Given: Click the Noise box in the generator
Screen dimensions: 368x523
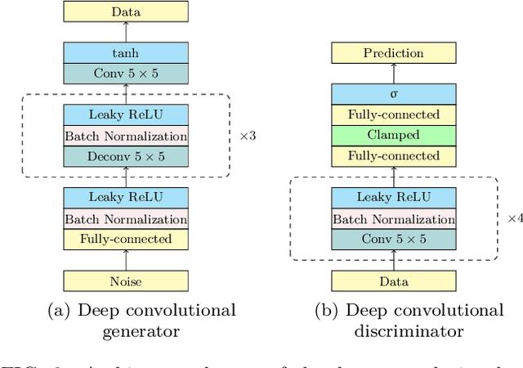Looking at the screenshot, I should pyautogui.click(x=126, y=281).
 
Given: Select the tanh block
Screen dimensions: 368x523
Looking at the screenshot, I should pyautogui.click(x=126, y=53).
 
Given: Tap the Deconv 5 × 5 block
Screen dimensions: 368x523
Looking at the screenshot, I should pyautogui.click(x=126, y=156).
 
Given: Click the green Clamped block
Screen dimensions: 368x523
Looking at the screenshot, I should pyautogui.click(x=394, y=136).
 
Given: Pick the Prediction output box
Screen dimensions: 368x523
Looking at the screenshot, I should pyautogui.click(x=394, y=53).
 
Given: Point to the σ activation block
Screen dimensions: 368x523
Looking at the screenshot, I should pyautogui.click(x=394, y=94).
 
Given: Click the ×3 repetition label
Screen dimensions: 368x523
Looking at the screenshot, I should pyautogui.click(x=247, y=135).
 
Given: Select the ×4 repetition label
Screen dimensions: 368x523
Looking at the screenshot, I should pyautogui.click(x=514, y=218).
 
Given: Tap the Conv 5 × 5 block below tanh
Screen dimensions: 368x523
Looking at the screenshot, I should pyautogui.click(x=126, y=74).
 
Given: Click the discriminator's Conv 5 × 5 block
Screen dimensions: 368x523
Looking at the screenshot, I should pyautogui.click(x=394, y=240).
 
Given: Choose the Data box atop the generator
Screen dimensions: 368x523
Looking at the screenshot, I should pyautogui.click(x=126, y=11).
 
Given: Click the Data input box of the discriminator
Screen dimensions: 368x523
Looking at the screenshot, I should pyautogui.click(x=394, y=281).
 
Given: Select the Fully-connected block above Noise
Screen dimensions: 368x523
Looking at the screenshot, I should pyautogui.click(x=126, y=240).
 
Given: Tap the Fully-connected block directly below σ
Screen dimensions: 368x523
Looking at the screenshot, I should pyautogui.click(x=394, y=114).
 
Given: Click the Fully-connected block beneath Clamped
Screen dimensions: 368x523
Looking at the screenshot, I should pyautogui.click(x=394, y=156).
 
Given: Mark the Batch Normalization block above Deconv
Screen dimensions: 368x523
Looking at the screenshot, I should pyautogui.click(x=126, y=136).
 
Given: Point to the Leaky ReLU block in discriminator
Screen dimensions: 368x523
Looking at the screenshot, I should pyautogui.click(x=394, y=198).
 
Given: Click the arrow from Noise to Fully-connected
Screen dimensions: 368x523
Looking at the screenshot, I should pyautogui.click(x=126, y=260).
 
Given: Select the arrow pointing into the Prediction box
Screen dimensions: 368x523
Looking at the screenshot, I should pyautogui.click(x=394, y=74).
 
